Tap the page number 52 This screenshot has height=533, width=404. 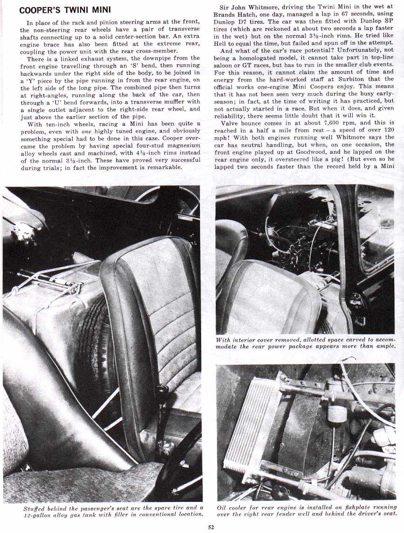pos(211,527)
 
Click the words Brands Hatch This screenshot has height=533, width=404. pos(234,14)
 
